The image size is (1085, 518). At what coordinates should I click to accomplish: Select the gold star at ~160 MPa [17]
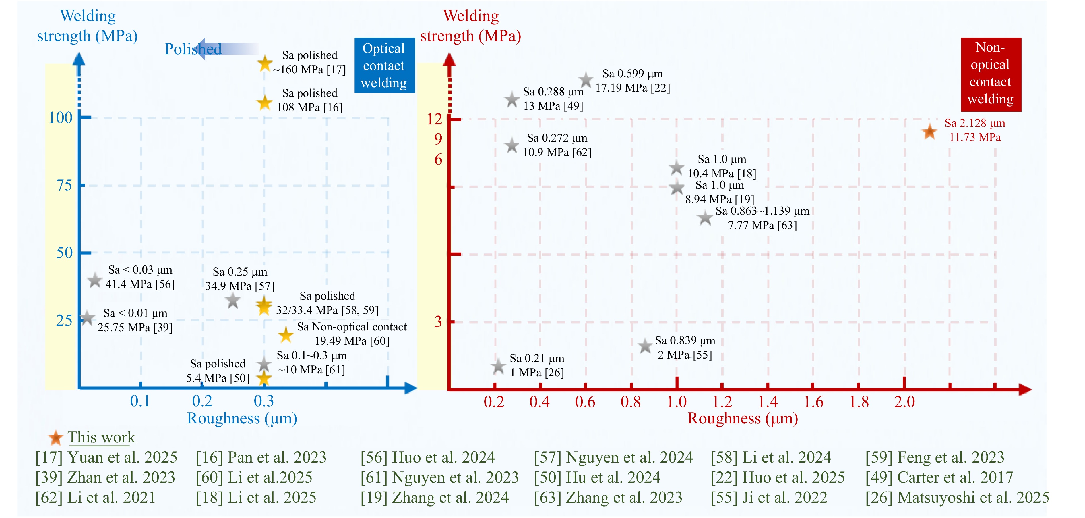pyautogui.click(x=265, y=64)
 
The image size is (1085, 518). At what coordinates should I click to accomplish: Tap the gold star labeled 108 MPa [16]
pyautogui.click(x=265, y=102)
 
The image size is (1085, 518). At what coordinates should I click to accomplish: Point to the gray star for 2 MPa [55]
pyautogui.click(x=645, y=346)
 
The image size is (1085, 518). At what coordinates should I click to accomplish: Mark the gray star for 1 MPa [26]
pyautogui.click(x=498, y=366)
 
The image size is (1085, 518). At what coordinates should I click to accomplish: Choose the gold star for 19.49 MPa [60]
pyautogui.click(x=286, y=335)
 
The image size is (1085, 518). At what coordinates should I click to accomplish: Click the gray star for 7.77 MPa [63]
pyautogui.click(x=705, y=218)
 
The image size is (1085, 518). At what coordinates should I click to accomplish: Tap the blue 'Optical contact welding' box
pyautogui.click(x=384, y=65)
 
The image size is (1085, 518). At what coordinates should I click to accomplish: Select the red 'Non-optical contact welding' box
pyautogui.click(x=991, y=74)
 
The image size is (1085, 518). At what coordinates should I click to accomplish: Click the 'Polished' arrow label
pyautogui.click(x=193, y=49)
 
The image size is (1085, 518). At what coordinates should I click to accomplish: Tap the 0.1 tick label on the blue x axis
pyautogui.click(x=140, y=401)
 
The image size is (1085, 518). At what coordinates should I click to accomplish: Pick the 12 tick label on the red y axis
pyautogui.click(x=434, y=119)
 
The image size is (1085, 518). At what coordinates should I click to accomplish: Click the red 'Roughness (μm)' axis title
pyautogui.click(x=743, y=419)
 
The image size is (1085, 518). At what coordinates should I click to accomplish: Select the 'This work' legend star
pyautogui.click(x=55, y=438)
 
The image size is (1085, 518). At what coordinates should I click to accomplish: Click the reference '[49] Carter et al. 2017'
pyautogui.click(x=939, y=477)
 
